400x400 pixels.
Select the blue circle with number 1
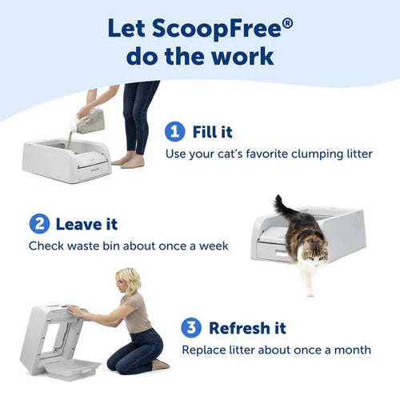pos(174,131)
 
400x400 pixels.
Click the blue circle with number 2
pos(39,224)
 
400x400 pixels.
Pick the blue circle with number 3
pos(192,328)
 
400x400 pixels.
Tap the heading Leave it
pos(87,224)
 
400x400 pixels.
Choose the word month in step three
pos(350,350)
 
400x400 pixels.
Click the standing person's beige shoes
pos(133,161)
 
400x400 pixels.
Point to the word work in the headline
pos(239,57)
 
